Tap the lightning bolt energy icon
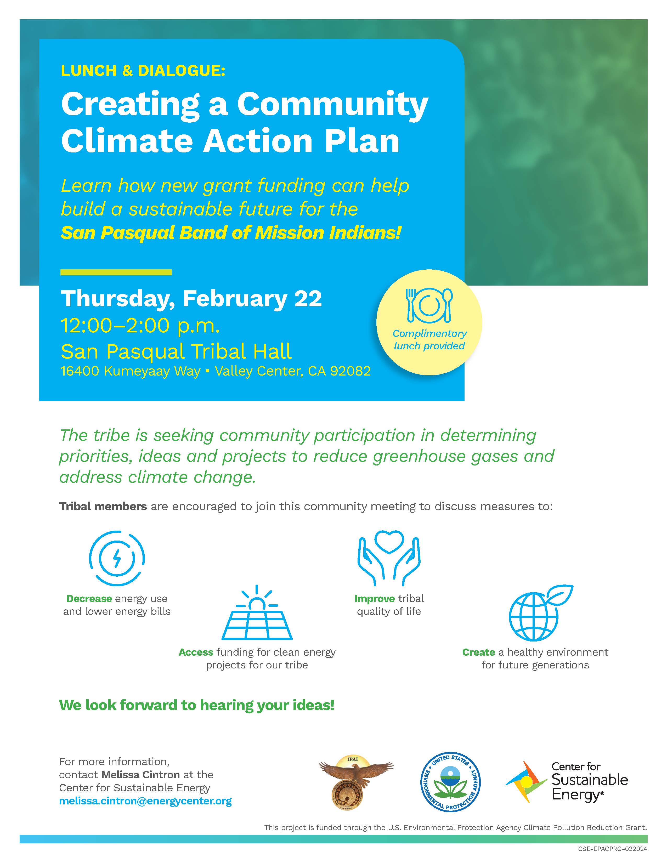pyautogui.click(x=117, y=558)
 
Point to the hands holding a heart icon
pyautogui.click(x=389, y=559)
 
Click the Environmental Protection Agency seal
pyautogui.click(x=450, y=782)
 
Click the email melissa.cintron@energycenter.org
pyautogui.click(x=145, y=801)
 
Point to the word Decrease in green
pyautogui.click(x=89, y=599)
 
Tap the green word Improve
pyautogui.click(x=375, y=599)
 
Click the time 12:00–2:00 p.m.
pyautogui.click(x=140, y=326)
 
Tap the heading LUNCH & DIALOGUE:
pyautogui.click(x=143, y=71)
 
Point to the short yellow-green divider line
pyautogui.click(x=116, y=272)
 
